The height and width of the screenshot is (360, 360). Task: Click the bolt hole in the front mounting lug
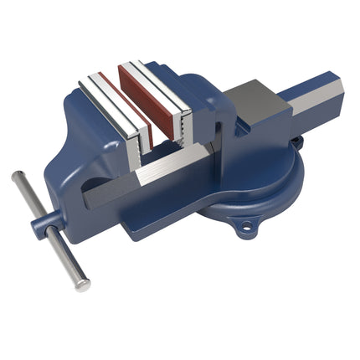click(245, 225)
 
